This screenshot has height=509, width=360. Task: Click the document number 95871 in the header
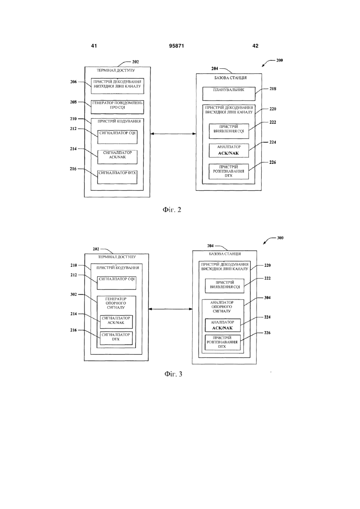[177, 46]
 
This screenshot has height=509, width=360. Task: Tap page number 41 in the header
[94, 46]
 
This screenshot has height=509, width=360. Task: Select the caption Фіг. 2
[172, 210]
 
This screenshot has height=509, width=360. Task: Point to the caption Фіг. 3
[173, 374]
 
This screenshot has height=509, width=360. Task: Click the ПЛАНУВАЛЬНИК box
[229, 94]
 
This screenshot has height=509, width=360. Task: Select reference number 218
[273, 89]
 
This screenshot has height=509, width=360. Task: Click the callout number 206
[74, 82]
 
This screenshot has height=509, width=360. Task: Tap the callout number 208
[74, 102]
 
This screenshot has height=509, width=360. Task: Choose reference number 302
[74, 294]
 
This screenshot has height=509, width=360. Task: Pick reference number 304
[267, 297]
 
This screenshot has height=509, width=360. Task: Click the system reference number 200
[279, 60]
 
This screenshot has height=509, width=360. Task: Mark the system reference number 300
[280, 238]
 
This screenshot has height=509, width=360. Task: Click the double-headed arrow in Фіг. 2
[173, 134]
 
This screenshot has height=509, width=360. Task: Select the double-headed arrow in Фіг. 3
[170, 309]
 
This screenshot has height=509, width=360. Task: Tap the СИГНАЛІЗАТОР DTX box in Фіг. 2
[117, 177]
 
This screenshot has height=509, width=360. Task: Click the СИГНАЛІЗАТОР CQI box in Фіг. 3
[117, 283]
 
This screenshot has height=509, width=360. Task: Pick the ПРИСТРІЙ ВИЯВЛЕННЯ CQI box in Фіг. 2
[229, 131]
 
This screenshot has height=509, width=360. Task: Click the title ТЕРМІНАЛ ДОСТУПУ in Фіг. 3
[117, 257]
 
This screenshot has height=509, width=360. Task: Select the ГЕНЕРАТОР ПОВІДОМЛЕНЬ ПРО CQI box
[117, 107]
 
